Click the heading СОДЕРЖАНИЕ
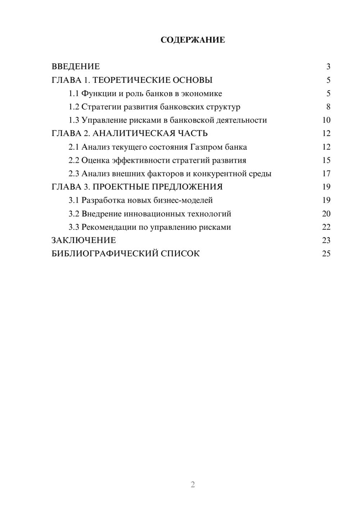click(x=193, y=40)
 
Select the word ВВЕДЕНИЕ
click(x=76, y=67)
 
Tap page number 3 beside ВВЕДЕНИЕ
click(x=328, y=67)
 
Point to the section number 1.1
click(x=73, y=94)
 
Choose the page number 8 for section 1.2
click(x=328, y=107)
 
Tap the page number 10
click(x=326, y=120)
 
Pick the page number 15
click(x=326, y=160)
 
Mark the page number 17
click(x=326, y=174)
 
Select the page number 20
click(x=326, y=213)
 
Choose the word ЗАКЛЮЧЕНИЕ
click(x=84, y=240)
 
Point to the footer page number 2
click(x=193, y=485)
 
